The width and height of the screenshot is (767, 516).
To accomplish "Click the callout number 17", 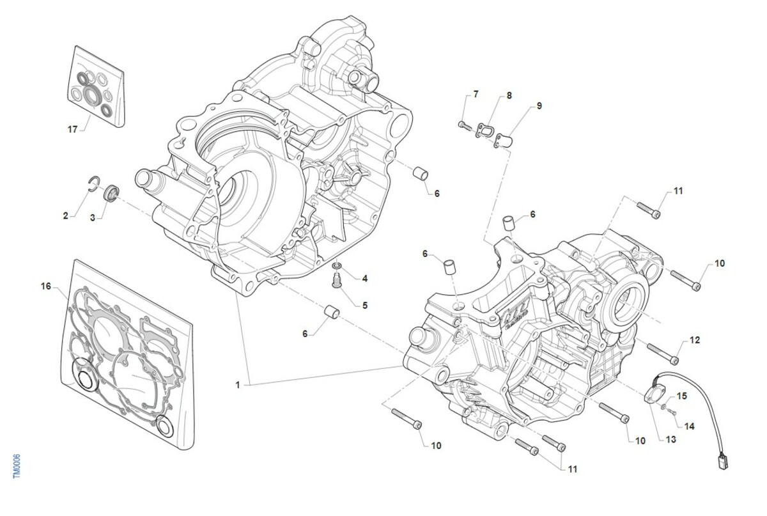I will pyautogui.click(x=72, y=130).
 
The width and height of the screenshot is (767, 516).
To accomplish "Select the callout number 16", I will pyautogui.click(x=45, y=286).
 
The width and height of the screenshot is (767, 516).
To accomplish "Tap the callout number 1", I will pyautogui.click(x=237, y=385).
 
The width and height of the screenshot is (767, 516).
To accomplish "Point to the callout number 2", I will pyautogui.click(x=65, y=215).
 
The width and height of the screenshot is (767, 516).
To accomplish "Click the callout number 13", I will pyautogui.click(x=670, y=439).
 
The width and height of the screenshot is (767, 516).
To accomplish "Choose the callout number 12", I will pyautogui.click(x=695, y=340).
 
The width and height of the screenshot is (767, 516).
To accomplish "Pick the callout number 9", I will pyautogui.click(x=539, y=106).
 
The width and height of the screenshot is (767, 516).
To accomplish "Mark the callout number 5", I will pyautogui.click(x=365, y=305).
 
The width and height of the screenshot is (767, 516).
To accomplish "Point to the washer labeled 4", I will pyautogui.click(x=337, y=265).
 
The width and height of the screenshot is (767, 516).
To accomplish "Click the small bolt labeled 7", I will pyautogui.click(x=463, y=124).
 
